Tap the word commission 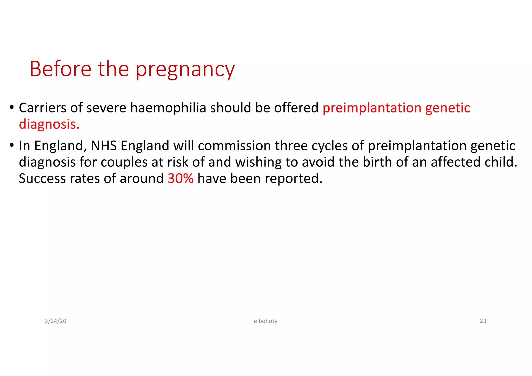pos(234,145)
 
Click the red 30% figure pos(181,178)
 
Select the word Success pos(42,178)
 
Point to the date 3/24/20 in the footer pos(56,321)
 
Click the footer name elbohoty pos(265,321)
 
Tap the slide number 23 pos(483,321)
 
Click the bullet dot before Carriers pos(11,107)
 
